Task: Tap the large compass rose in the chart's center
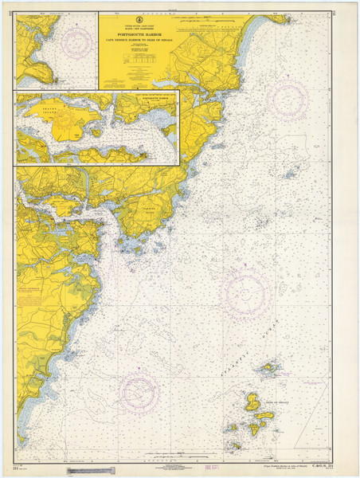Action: tap(245, 293)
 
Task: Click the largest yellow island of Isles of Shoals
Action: tap(252, 402)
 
